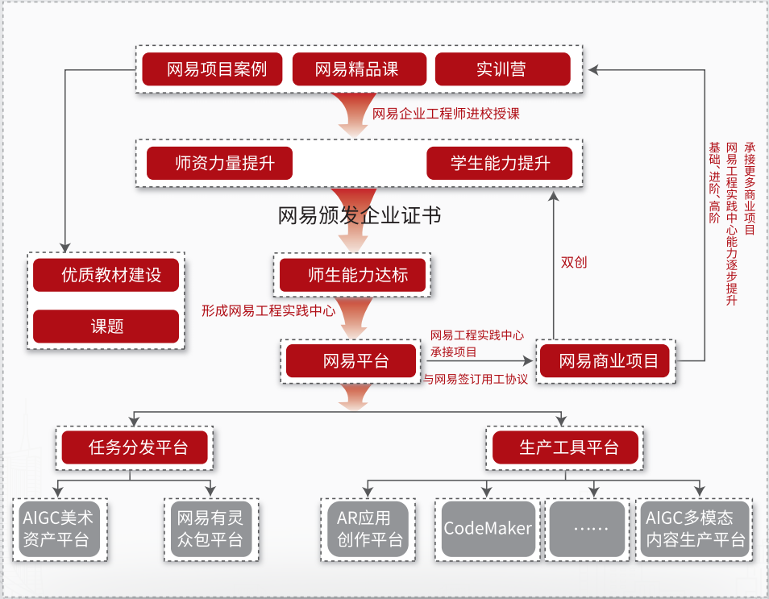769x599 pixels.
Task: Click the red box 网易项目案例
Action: (215, 69)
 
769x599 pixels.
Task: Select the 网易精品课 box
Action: (357, 69)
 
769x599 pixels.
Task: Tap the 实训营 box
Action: (502, 69)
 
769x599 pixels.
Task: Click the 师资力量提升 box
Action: (219, 164)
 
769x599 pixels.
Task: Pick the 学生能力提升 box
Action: (500, 164)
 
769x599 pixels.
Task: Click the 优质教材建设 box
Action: (106, 275)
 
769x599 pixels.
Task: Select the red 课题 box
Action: (106, 327)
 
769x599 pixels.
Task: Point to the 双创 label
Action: (574, 262)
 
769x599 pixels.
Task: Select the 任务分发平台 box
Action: (135, 447)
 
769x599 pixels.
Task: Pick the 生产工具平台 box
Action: (565, 447)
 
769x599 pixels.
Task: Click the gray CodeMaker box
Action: (488, 529)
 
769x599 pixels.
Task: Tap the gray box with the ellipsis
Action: (587, 529)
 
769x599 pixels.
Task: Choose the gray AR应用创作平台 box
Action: (368, 529)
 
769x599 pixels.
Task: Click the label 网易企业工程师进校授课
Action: (446, 114)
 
